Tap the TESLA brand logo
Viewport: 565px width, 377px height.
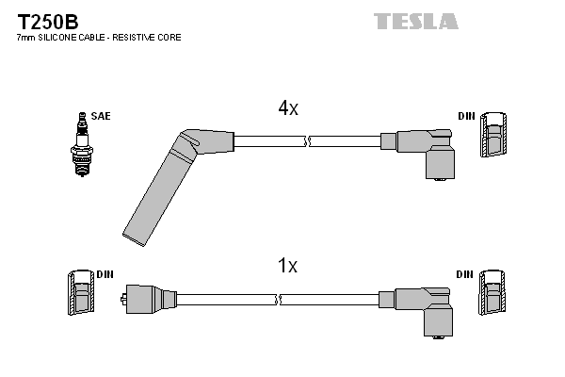[415, 21]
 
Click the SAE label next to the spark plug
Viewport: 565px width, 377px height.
[102, 117]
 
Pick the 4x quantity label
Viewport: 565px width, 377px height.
[288, 108]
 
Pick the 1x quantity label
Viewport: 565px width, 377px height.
[288, 267]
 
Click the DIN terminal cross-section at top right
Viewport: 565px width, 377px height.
[493, 138]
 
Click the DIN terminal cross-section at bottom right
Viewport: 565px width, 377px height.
[493, 294]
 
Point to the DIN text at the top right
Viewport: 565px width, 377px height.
[466, 117]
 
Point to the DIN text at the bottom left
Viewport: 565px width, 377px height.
[105, 274]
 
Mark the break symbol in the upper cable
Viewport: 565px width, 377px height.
[308, 141]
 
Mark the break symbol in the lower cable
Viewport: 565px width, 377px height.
[280, 300]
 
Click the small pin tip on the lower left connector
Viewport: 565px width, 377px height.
[124, 300]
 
